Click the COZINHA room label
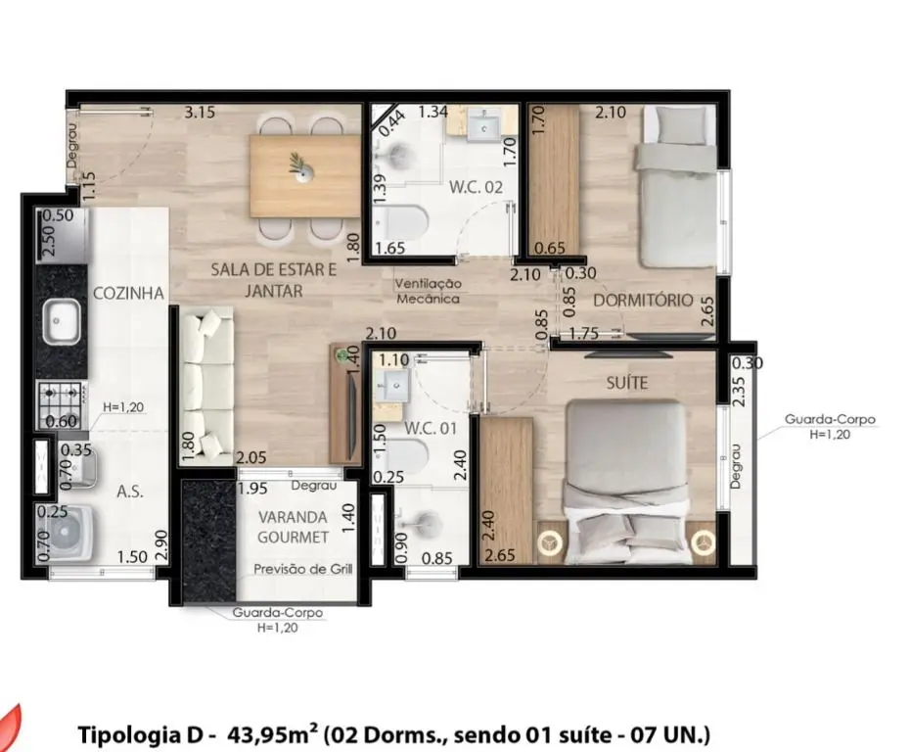(129, 293)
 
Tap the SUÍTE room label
(627, 383)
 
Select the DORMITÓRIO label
(643, 301)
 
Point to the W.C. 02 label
(476, 188)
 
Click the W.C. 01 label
(431, 429)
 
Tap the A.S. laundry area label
(130, 492)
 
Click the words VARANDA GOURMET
(293, 527)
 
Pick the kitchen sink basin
(63, 321)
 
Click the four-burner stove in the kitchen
(61, 404)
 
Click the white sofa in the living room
(206, 386)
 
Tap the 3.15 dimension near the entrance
(200, 112)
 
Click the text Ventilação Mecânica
(429, 291)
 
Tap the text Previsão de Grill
(303, 569)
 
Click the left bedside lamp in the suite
(548, 543)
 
